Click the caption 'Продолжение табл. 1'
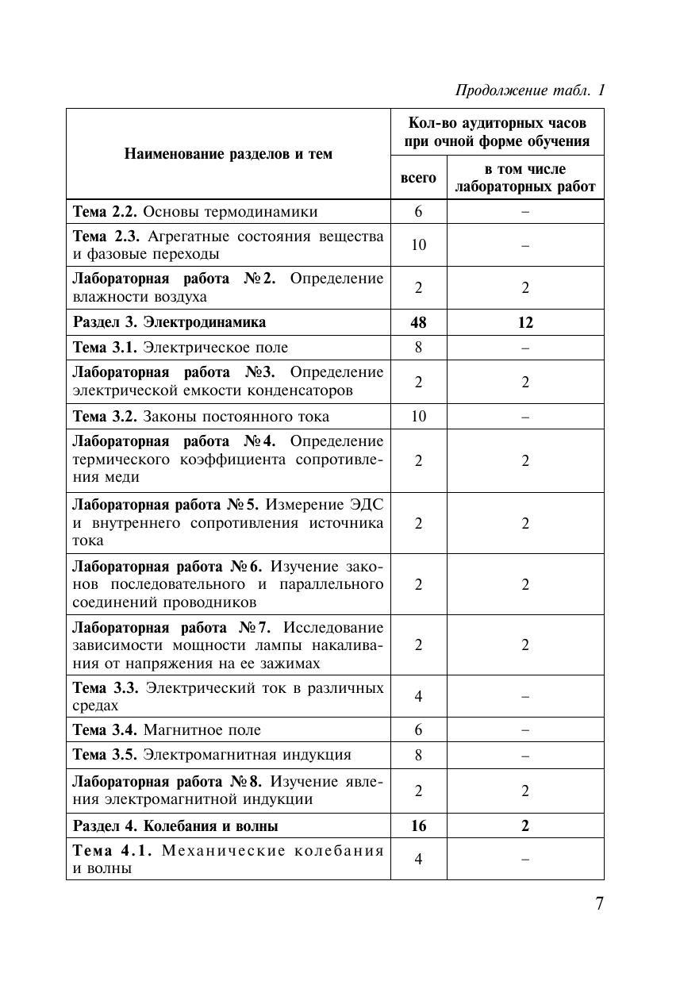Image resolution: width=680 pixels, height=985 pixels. [x=530, y=90]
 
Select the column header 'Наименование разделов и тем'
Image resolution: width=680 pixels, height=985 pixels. [x=229, y=154]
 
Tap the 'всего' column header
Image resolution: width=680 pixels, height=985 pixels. [x=418, y=178]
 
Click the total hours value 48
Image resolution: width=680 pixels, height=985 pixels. [x=418, y=322]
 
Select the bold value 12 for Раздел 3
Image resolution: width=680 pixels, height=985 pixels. [x=525, y=322]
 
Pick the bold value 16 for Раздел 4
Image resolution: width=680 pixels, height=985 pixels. [x=418, y=826]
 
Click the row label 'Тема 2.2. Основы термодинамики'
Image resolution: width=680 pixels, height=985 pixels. [x=195, y=212]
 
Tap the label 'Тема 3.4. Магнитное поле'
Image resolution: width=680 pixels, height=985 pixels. [x=167, y=729]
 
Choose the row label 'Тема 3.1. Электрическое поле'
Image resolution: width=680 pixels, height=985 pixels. [x=181, y=347]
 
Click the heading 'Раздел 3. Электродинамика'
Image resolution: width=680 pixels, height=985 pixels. [x=170, y=322]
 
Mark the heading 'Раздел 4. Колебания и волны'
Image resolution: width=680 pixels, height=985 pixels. [x=175, y=826]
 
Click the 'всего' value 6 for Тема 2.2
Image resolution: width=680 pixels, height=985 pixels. [x=418, y=212]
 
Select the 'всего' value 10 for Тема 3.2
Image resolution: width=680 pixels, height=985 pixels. [x=418, y=417]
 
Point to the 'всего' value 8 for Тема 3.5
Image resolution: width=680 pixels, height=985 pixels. [x=418, y=755]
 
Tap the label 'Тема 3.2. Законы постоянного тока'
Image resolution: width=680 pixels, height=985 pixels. [x=201, y=417]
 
